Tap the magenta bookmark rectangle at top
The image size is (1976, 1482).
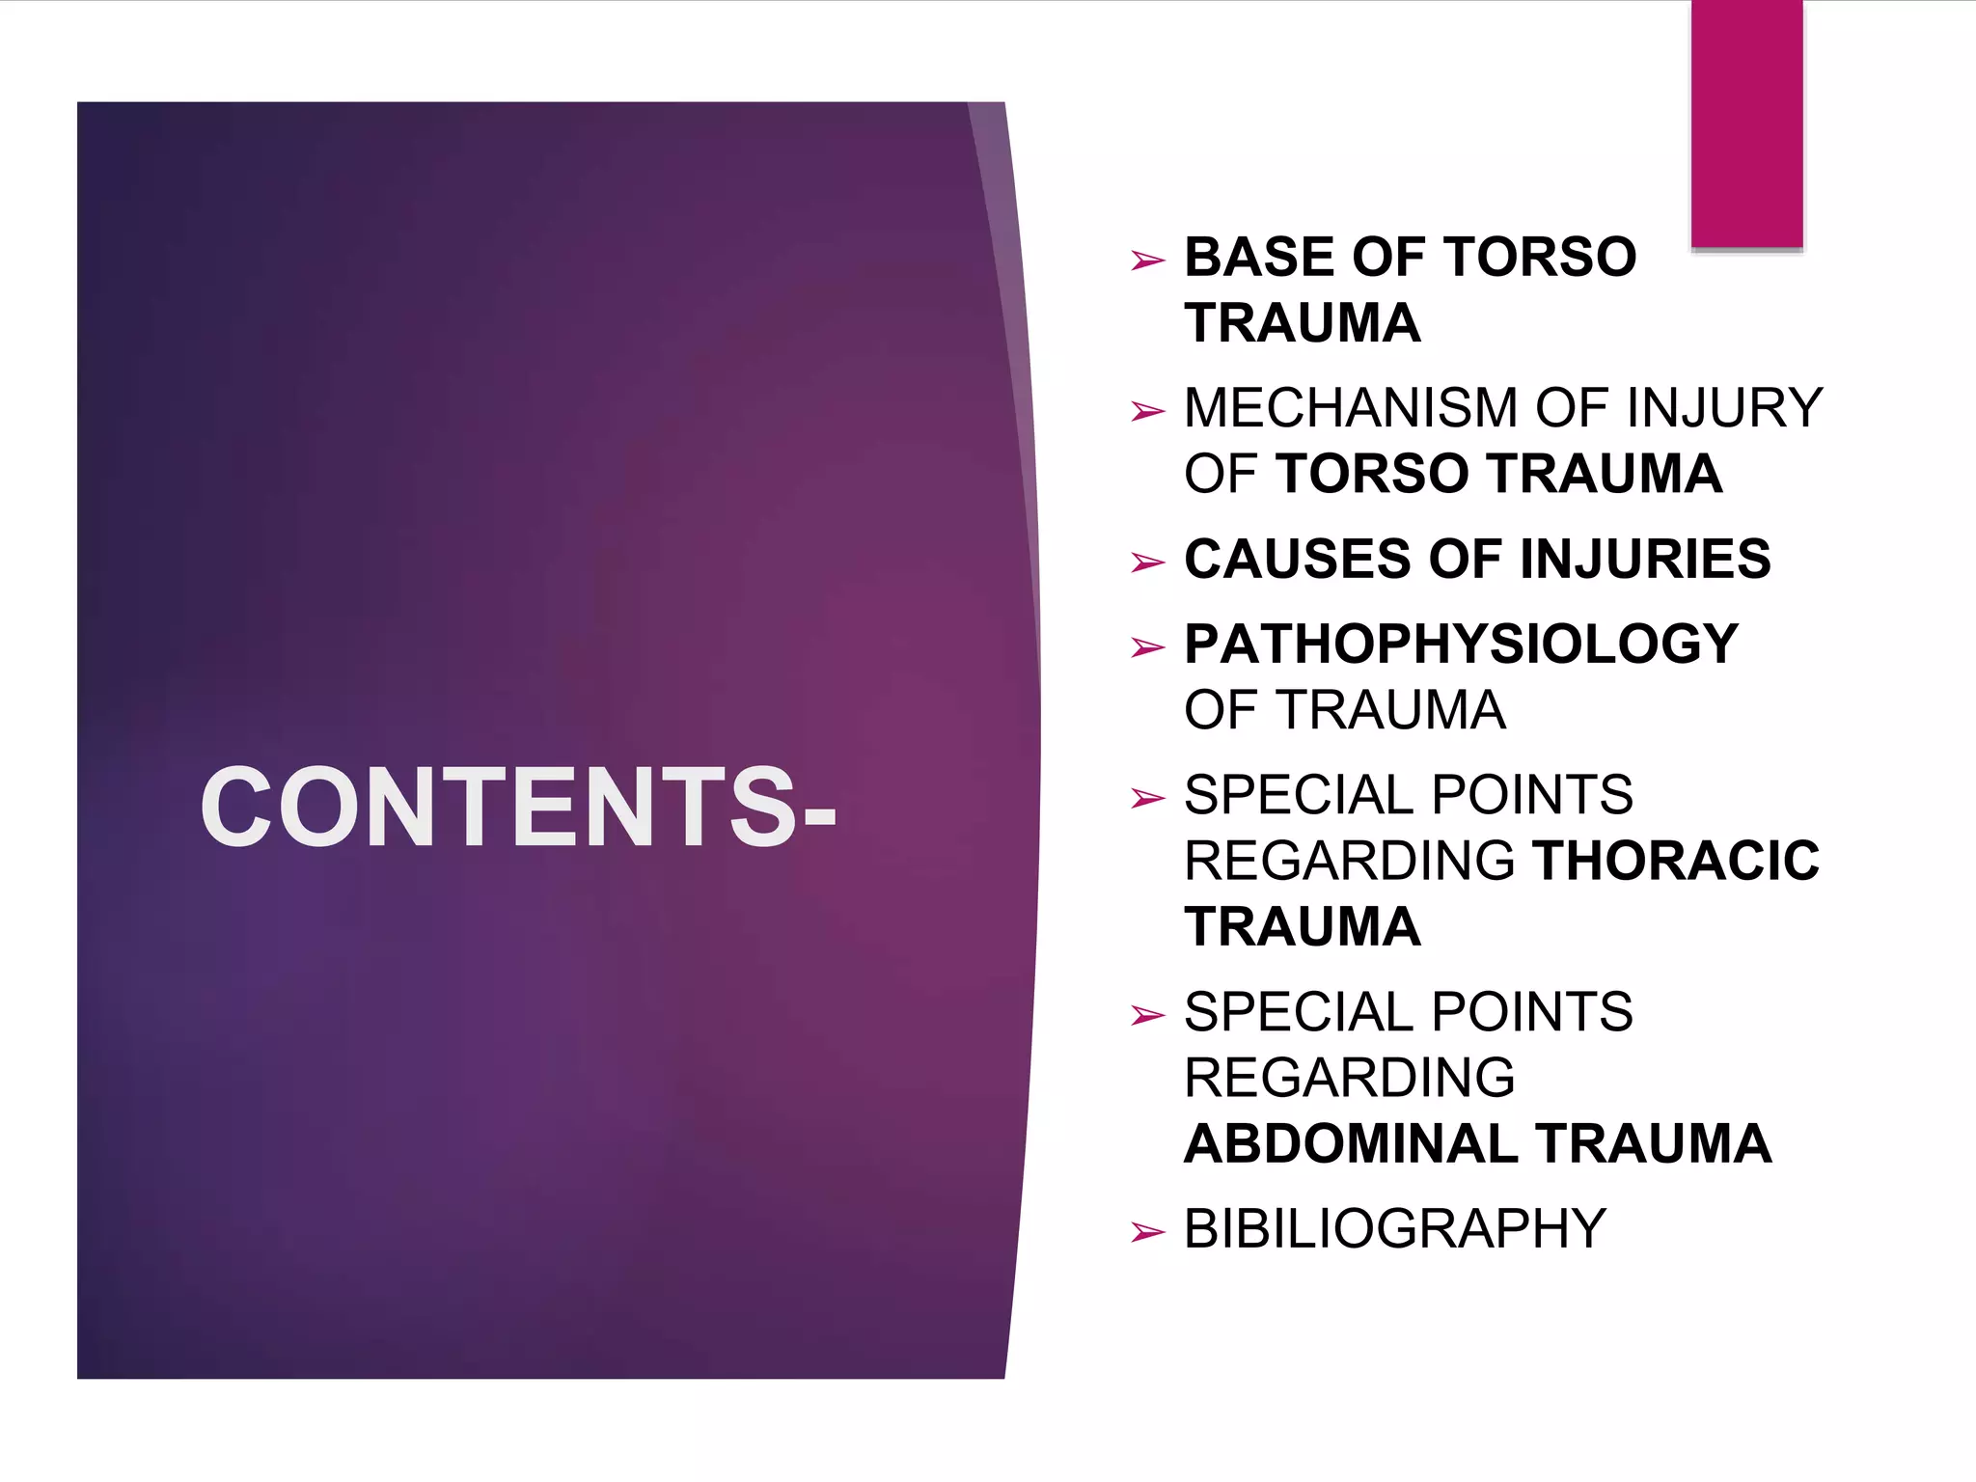(1746, 123)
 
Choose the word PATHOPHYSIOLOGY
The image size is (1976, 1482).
(1461, 645)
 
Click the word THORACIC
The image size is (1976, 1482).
(1675, 861)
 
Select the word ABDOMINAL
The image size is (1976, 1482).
(1352, 1144)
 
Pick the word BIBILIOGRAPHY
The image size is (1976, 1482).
(1394, 1229)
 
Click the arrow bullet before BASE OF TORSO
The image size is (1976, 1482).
(1147, 261)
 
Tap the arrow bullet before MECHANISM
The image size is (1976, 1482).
(1147, 412)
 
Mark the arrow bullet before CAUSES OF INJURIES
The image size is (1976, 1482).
(1147, 563)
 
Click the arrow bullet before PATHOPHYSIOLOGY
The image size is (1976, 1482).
(1147, 647)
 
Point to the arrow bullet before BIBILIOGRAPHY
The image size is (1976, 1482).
(1147, 1232)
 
